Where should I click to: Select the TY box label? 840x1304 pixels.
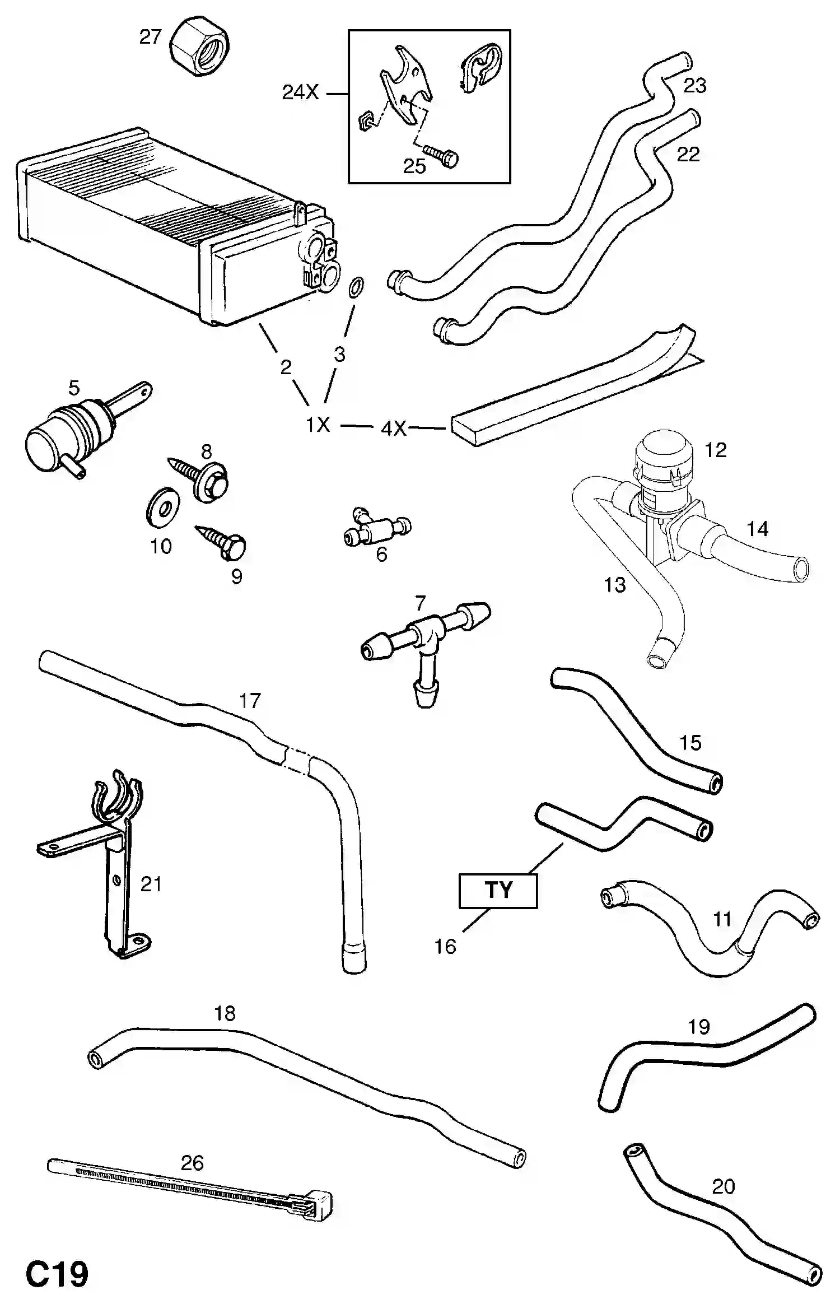pos(498,890)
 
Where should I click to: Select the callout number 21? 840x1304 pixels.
pos(151,884)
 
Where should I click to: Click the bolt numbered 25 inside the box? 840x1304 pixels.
pos(442,156)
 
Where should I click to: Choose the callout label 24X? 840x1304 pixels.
pos(300,92)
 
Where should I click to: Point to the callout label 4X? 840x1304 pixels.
pos(393,429)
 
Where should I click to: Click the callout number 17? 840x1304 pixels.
pos(250,701)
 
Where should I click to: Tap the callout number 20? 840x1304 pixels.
pos(723,1186)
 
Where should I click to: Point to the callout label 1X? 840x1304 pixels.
pos(318,425)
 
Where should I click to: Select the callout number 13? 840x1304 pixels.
pos(614,585)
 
